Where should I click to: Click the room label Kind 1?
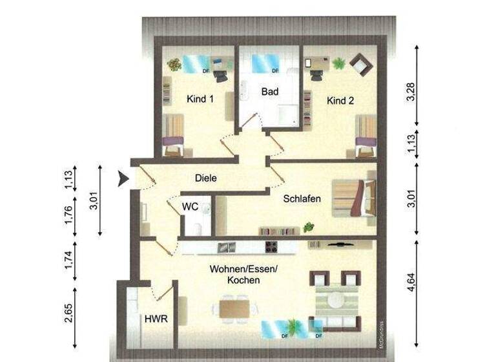pos(200,100)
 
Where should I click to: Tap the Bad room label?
pos(269,92)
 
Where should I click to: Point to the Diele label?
pos(205,178)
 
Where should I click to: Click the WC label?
pos(189,207)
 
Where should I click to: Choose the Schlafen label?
pos(302,199)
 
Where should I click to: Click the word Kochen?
pos(243,281)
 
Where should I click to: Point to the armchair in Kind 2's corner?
pos(359,65)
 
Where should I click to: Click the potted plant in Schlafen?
pos(309,226)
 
